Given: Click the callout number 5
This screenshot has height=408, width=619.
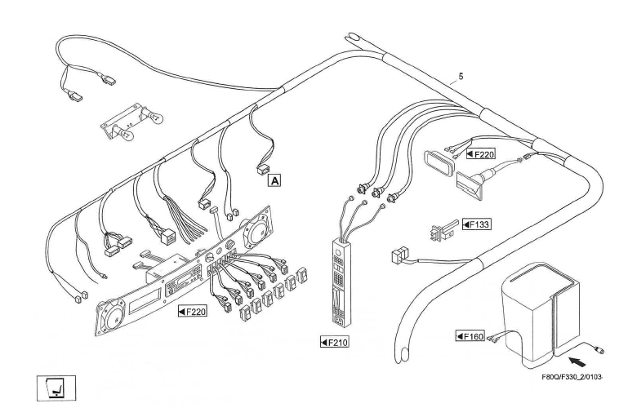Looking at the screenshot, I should pyautogui.click(x=461, y=76).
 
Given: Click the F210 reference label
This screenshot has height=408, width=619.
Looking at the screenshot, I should pyautogui.click(x=335, y=342).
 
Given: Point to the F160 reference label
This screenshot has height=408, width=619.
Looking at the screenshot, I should pyautogui.click(x=470, y=335).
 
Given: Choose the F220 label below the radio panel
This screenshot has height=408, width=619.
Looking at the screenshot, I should pyautogui.click(x=192, y=311).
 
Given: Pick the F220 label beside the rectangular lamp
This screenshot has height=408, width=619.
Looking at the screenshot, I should pyautogui.click(x=481, y=153).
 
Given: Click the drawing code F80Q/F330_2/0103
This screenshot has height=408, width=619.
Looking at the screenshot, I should pyautogui.click(x=572, y=377).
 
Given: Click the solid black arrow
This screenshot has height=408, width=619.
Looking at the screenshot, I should pyautogui.click(x=577, y=357).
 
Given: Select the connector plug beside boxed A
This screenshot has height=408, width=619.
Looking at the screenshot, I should pyautogui.click(x=262, y=169).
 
